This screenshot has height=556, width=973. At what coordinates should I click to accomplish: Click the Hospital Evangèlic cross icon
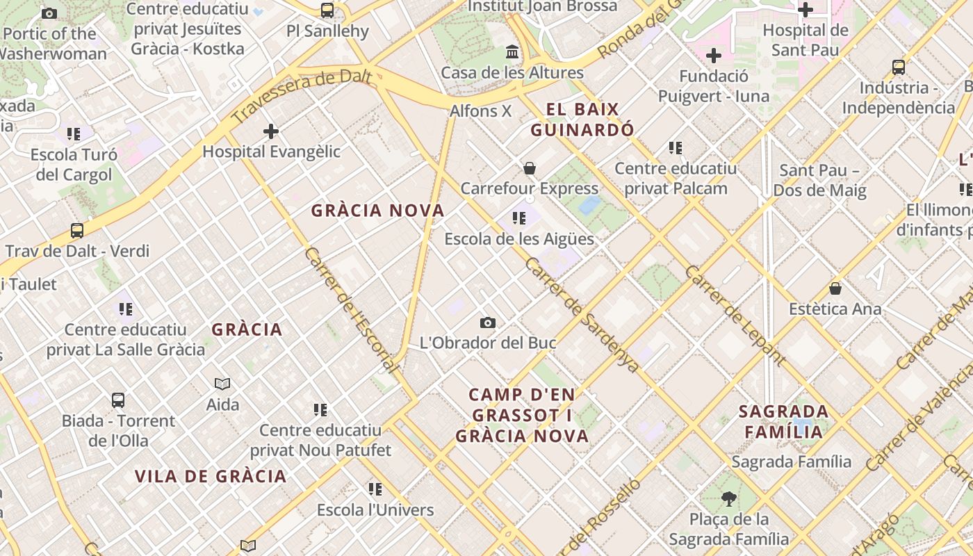271,131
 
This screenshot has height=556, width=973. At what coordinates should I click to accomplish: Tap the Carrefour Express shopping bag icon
530,168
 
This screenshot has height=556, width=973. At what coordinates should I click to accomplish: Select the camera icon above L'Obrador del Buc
488,322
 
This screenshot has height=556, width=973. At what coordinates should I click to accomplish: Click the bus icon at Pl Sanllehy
327,10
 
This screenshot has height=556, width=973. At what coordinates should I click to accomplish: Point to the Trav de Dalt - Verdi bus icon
77,231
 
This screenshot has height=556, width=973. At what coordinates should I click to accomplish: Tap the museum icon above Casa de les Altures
513,52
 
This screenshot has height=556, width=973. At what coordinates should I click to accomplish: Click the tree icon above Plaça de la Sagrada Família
728,498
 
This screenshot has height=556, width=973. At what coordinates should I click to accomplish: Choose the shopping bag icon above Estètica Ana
835,288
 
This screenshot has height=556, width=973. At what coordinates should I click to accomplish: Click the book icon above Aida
222,384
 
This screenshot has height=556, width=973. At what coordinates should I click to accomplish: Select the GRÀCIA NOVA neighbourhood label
377,211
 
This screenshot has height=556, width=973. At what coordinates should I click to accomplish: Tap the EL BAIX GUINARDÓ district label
582,120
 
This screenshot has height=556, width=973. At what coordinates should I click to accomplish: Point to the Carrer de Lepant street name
735,315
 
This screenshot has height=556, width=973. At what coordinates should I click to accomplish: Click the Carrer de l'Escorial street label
351,309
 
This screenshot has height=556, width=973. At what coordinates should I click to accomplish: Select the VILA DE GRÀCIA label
211,476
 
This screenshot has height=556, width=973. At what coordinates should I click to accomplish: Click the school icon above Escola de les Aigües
519,218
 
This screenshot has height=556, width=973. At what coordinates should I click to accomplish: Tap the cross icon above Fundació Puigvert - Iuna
714,56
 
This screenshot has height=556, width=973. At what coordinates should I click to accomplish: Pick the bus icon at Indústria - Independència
899,67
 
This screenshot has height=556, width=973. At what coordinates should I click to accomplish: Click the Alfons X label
480,111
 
